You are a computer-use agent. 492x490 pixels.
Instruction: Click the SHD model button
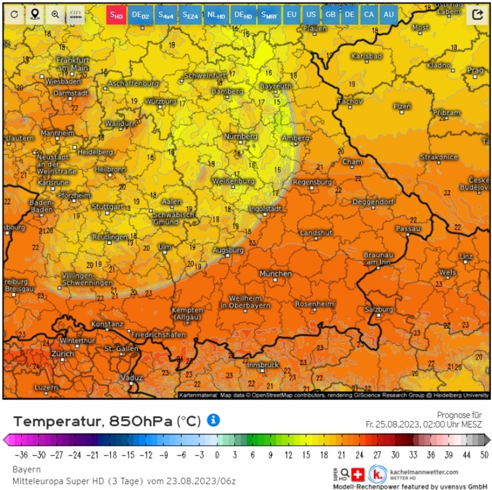[116, 14]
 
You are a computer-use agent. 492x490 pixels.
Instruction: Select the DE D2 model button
[140, 14]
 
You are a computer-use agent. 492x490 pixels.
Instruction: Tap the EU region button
[292, 14]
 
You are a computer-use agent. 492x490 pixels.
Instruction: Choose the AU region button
[388, 14]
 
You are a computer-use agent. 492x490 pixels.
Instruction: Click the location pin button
[34, 14]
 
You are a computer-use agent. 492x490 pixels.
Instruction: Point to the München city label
[276, 273]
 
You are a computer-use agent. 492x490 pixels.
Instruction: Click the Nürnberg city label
[241, 137]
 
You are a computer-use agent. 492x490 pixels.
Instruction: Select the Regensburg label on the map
[312, 182]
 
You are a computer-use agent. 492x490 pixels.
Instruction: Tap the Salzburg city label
[378, 309]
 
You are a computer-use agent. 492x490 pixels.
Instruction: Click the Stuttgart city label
[107, 207]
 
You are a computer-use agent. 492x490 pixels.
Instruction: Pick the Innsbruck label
[263, 364]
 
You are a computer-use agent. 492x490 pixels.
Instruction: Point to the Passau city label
[408, 228]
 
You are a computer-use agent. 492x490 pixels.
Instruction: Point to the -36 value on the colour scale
[23, 454]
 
